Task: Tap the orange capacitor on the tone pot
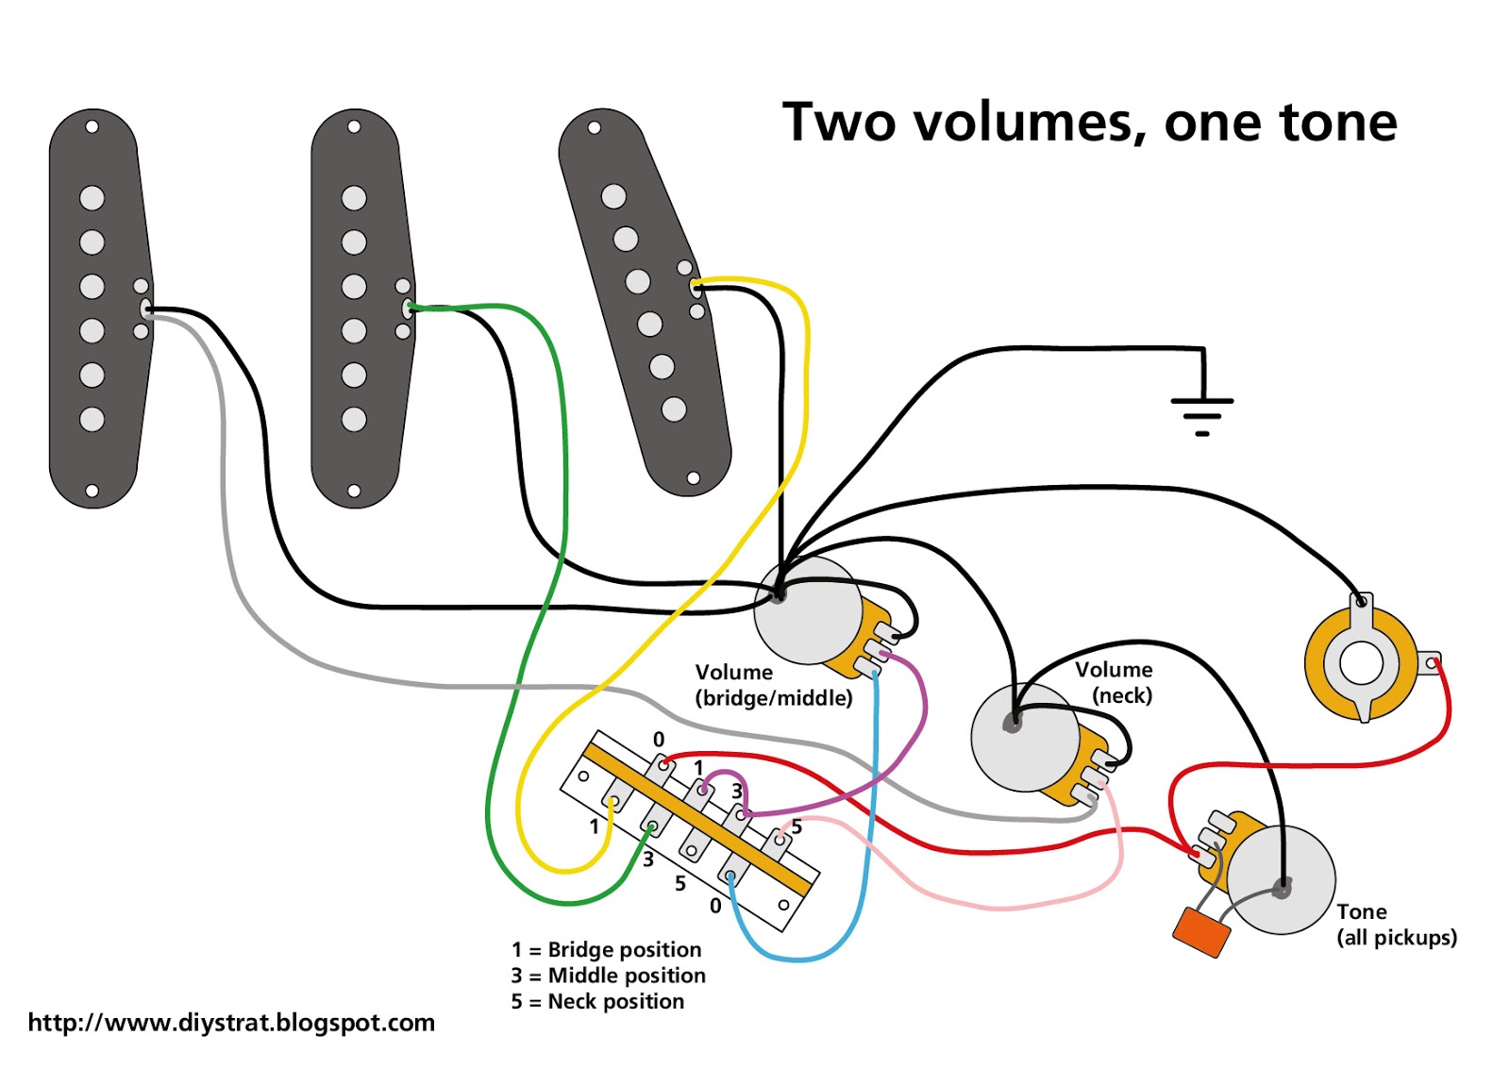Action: point(1201,931)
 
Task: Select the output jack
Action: point(1361,661)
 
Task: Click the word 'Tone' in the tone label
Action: point(1361,911)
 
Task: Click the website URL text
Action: point(231,1023)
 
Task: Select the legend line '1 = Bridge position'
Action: point(607,949)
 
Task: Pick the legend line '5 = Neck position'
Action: point(597,1001)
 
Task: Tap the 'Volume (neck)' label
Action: point(1116,682)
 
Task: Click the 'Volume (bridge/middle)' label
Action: point(773,685)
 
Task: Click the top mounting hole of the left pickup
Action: point(92,126)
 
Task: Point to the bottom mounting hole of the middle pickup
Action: point(354,491)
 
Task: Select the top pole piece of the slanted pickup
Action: point(613,196)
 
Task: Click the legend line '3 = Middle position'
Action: point(608,976)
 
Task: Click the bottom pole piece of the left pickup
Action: point(92,419)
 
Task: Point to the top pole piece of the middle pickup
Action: point(354,198)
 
